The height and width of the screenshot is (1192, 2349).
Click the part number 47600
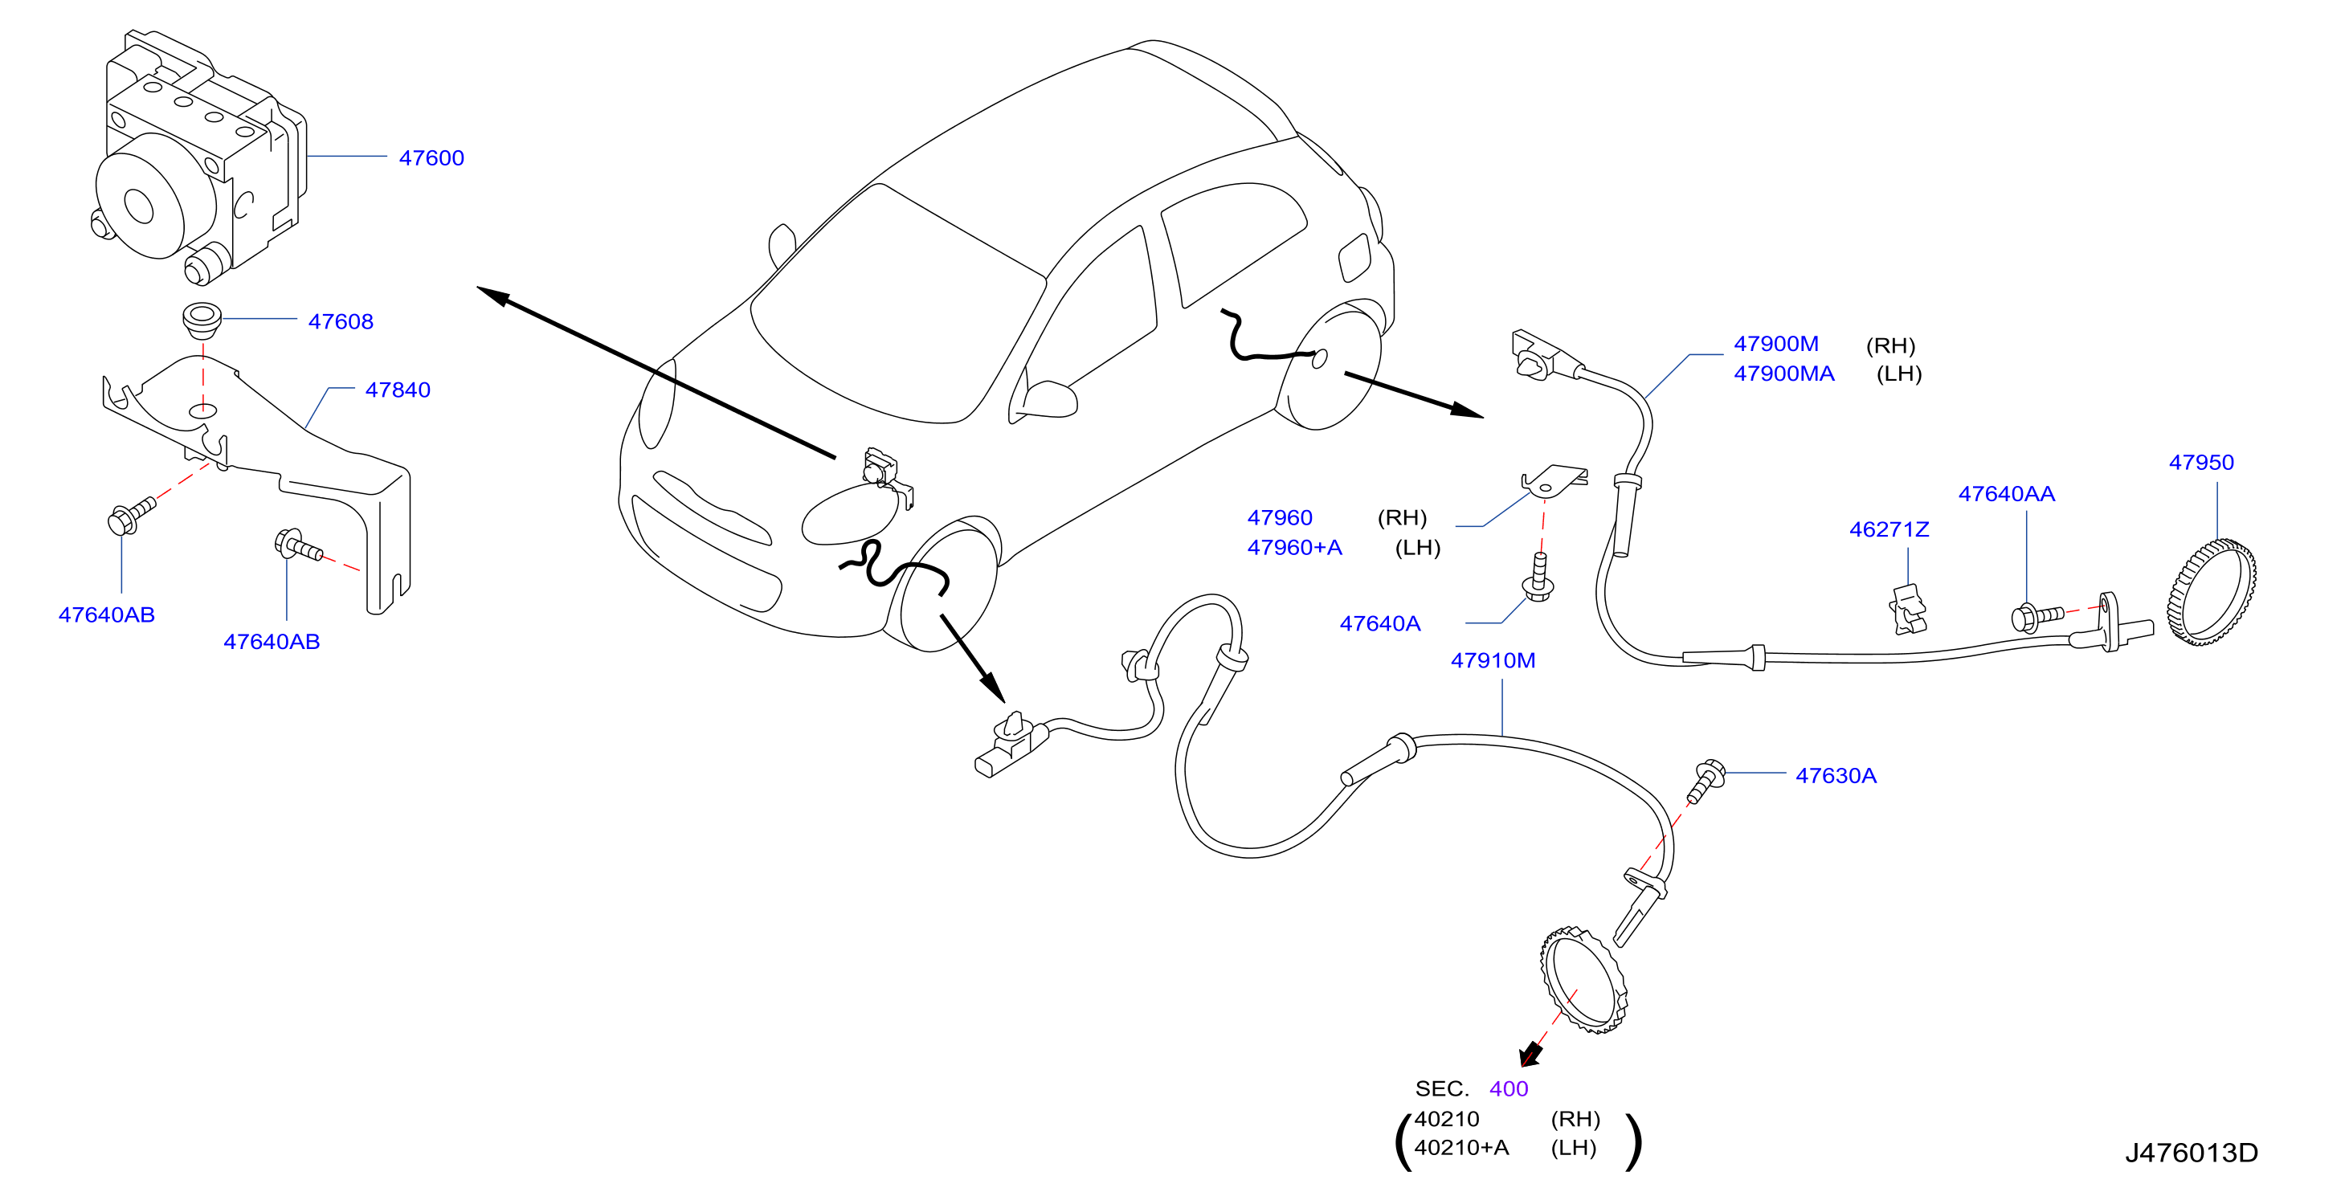[x=431, y=157]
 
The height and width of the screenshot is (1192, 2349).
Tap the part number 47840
[x=398, y=390]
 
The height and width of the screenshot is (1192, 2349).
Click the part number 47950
[x=2201, y=463]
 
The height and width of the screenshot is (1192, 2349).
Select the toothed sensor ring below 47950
[x=2212, y=592]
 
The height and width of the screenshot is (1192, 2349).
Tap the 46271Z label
[x=1889, y=529]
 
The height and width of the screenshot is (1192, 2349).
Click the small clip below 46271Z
[x=1908, y=609]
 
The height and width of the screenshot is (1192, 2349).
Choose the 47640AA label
[x=2006, y=493]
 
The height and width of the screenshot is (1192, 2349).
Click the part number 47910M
[x=1493, y=660]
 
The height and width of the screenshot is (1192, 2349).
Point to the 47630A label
[x=1836, y=775]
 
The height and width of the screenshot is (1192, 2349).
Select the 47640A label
[x=1379, y=624]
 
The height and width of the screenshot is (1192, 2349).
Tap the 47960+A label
[x=1294, y=547]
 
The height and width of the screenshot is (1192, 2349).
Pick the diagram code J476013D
[x=2192, y=1153]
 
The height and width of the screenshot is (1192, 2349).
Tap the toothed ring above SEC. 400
[x=1583, y=981]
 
